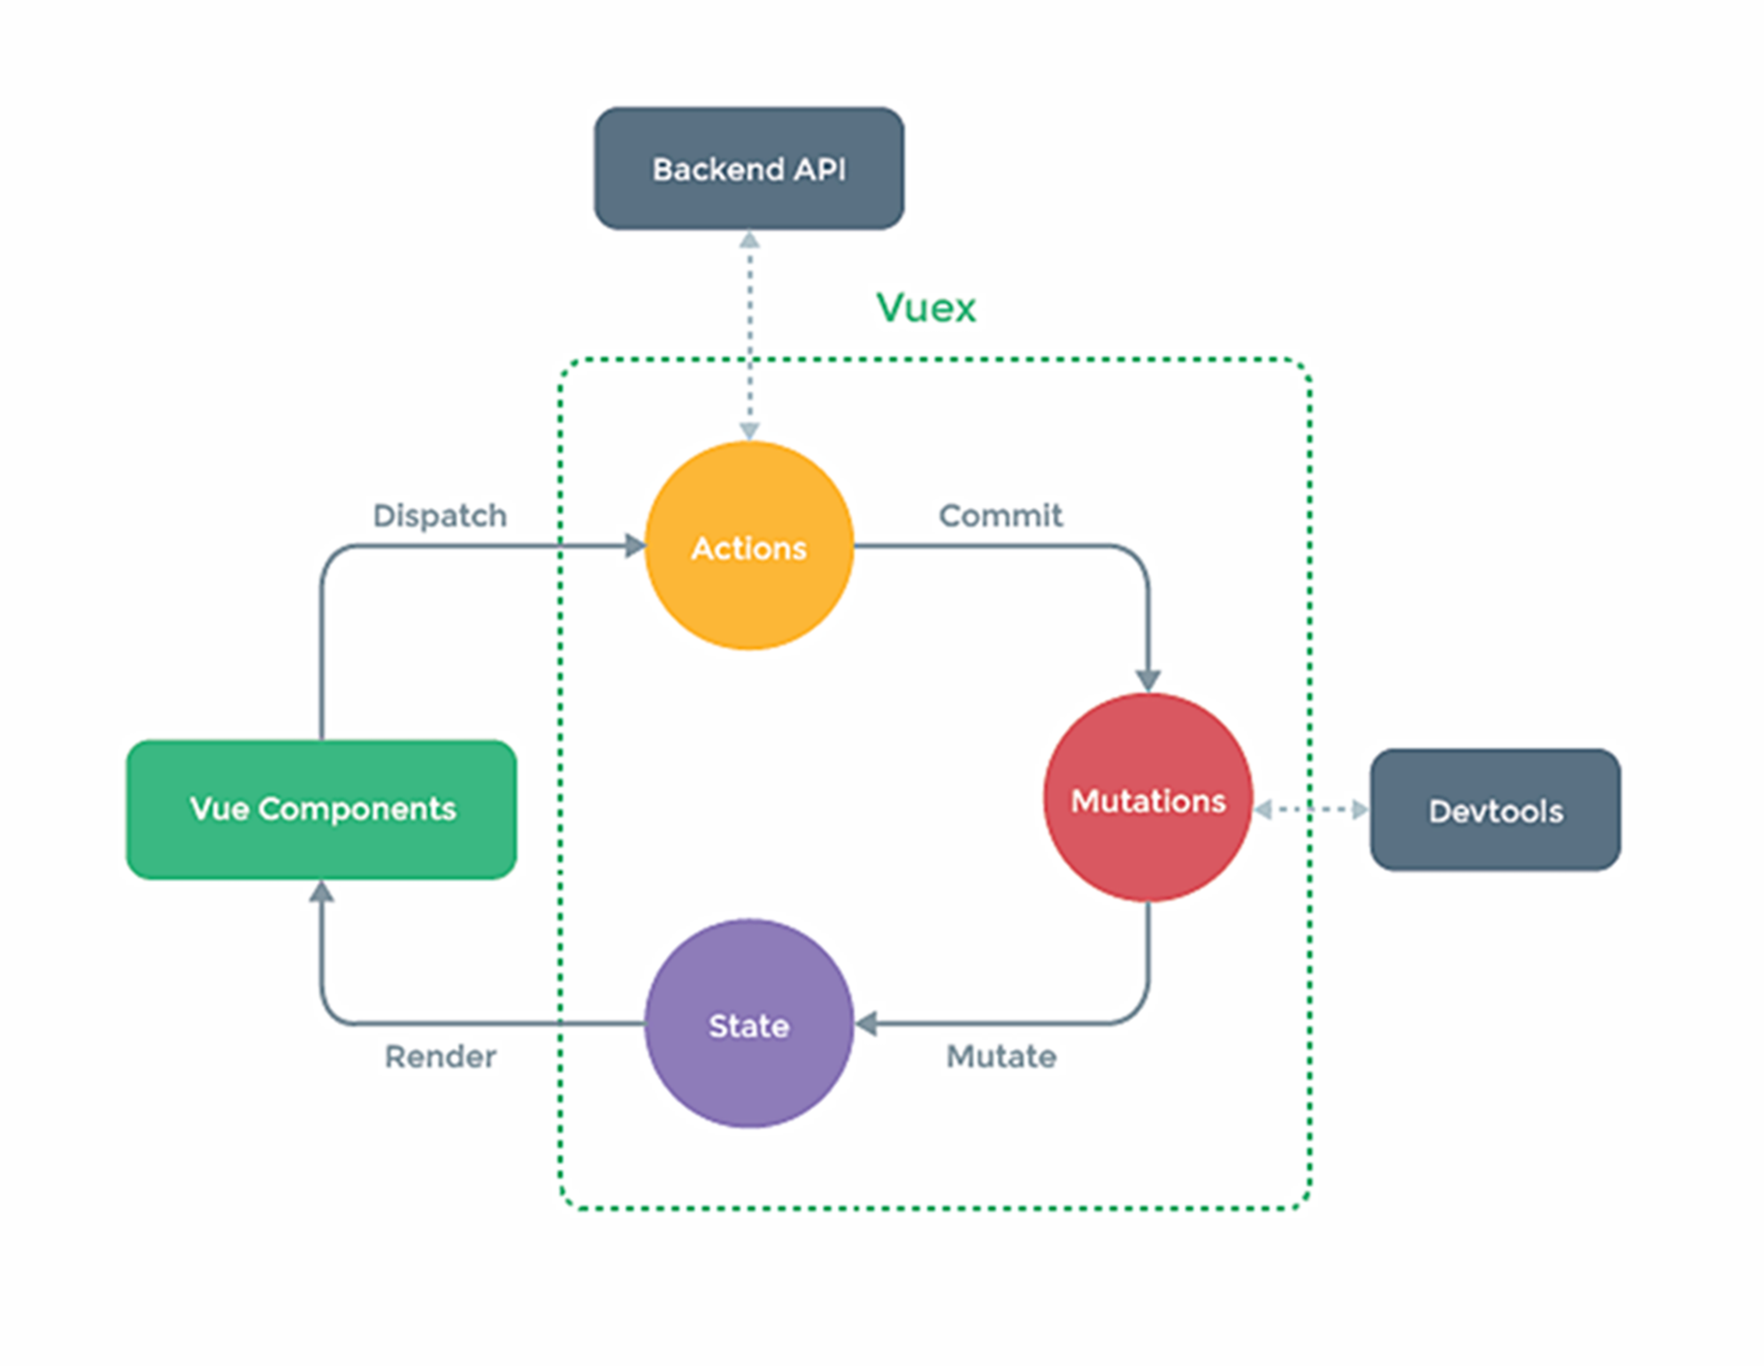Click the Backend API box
(748, 168)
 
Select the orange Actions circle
(748, 546)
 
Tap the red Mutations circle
(1147, 798)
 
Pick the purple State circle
(748, 1024)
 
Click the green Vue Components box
(321, 809)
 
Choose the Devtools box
(1495, 810)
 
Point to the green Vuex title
(925, 308)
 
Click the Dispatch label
(440, 515)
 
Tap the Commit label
(1000, 515)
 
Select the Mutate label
(1001, 1056)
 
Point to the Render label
(440, 1056)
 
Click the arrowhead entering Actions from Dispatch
(634, 546)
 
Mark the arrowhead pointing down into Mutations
(1147, 680)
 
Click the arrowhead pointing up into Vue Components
(321, 892)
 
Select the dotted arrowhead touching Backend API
(748, 241)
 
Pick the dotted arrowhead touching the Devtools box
(1360, 810)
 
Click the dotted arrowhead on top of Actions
(748, 431)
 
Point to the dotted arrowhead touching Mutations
(1263, 810)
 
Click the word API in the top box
(819, 168)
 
